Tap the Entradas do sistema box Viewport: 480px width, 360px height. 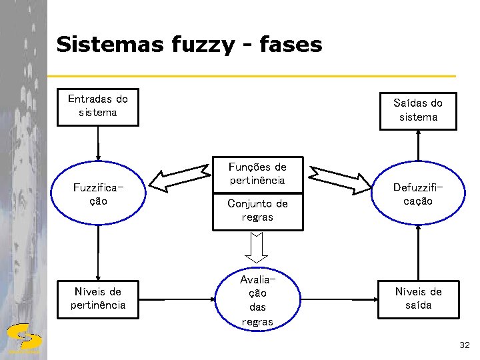[x=98, y=107]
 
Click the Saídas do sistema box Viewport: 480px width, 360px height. [x=418, y=110]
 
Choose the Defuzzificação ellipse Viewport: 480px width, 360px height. [x=418, y=194]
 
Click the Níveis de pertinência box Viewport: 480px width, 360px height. [x=98, y=298]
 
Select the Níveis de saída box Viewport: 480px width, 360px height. [x=418, y=298]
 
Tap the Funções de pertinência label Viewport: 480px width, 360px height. [x=257, y=173]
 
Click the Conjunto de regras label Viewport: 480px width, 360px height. [x=257, y=210]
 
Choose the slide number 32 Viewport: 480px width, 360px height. [x=464, y=345]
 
